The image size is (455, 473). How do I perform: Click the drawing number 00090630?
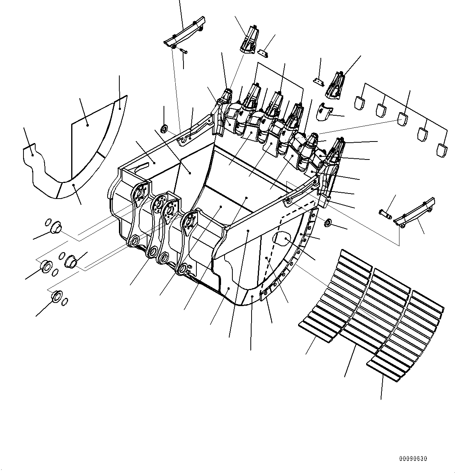pyautogui.click(x=413, y=458)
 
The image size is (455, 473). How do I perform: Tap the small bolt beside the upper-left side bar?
pyautogui.click(x=183, y=50)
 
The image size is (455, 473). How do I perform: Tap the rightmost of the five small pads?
pyautogui.click(x=442, y=148)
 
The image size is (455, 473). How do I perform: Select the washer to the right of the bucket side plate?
pyautogui.click(x=328, y=223)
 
